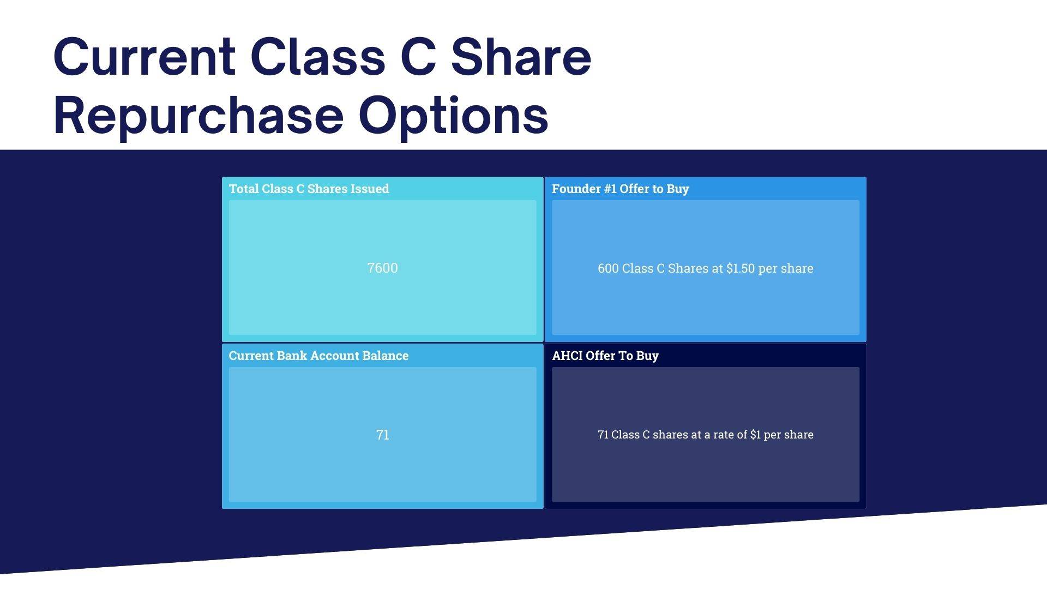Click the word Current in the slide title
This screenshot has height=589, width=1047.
145,57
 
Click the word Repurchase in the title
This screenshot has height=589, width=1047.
198,116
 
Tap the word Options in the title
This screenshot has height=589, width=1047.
453,116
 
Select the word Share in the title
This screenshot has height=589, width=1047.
521,57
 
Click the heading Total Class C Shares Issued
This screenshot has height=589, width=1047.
309,189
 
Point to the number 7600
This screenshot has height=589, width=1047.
382,268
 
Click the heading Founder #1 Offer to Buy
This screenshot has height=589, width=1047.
621,189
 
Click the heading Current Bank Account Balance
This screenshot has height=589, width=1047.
318,356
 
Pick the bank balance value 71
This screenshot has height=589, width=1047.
382,435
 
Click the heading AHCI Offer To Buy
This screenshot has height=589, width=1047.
605,356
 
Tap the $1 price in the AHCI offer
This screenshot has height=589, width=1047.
755,435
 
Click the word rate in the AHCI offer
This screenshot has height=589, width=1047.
718,435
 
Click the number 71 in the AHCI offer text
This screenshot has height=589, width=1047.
603,435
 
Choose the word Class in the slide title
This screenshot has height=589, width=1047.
318,57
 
